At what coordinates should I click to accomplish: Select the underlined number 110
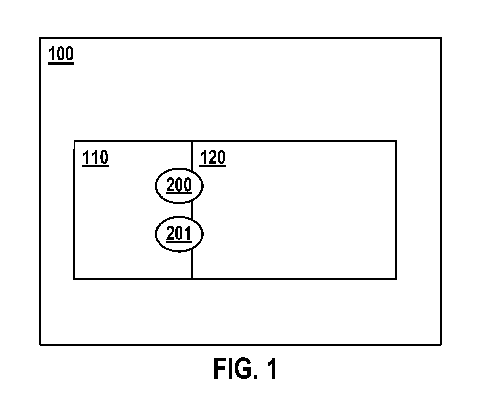point(95,159)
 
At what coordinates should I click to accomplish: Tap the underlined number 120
point(213,159)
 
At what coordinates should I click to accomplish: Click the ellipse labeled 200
point(179,186)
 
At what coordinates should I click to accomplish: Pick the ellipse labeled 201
point(179,234)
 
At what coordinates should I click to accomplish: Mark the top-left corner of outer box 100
point(40,38)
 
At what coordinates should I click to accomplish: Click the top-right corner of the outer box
point(440,38)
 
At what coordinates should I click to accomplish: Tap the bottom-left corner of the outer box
point(40,344)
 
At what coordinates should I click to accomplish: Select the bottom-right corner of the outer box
point(440,344)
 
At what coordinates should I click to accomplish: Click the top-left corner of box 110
point(75,141)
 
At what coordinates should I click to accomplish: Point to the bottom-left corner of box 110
point(75,279)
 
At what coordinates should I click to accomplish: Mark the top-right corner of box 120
point(396,141)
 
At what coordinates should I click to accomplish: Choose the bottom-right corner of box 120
point(396,279)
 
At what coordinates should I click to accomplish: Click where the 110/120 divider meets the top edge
point(192,141)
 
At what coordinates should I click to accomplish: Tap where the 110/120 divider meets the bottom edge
point(192,279)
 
